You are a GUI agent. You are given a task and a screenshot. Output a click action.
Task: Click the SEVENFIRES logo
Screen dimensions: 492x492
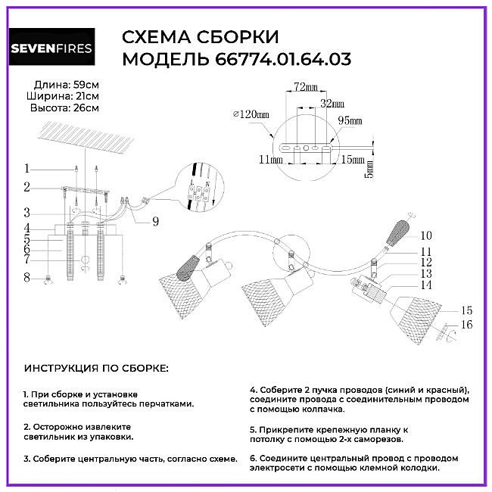51,47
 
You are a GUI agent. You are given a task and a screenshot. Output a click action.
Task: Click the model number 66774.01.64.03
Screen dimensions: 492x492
283,59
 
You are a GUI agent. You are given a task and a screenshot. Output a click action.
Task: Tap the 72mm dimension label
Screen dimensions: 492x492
306,86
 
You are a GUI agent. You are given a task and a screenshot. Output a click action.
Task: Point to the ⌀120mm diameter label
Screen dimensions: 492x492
251,114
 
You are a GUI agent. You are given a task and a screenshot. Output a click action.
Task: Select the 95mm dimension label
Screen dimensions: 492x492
350,120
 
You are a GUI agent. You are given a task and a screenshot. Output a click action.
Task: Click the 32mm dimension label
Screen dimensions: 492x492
332,104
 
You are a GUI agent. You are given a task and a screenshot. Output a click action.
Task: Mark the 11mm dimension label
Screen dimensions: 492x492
270,160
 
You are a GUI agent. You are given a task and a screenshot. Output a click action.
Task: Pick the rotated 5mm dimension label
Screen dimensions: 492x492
369,170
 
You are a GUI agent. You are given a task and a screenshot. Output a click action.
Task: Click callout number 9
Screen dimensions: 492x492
156,222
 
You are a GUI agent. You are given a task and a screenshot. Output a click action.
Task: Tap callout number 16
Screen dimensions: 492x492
466,325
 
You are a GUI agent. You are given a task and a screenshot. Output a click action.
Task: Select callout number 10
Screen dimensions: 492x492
426,235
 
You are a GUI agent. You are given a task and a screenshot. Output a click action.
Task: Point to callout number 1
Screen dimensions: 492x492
27,169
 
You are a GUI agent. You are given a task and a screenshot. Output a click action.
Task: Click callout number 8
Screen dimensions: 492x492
27,278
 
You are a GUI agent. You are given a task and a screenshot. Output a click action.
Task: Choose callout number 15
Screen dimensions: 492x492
466,310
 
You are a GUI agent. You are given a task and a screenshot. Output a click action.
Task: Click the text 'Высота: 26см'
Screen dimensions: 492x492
64,108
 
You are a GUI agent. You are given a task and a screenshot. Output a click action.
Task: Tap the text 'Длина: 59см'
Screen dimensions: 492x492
67,85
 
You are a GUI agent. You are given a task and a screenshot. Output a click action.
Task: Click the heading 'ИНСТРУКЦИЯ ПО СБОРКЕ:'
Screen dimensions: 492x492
96,369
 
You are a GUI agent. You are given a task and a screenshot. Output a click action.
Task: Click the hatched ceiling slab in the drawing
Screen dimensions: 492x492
89,138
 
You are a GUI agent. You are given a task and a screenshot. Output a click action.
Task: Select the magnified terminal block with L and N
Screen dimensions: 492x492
198,192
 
